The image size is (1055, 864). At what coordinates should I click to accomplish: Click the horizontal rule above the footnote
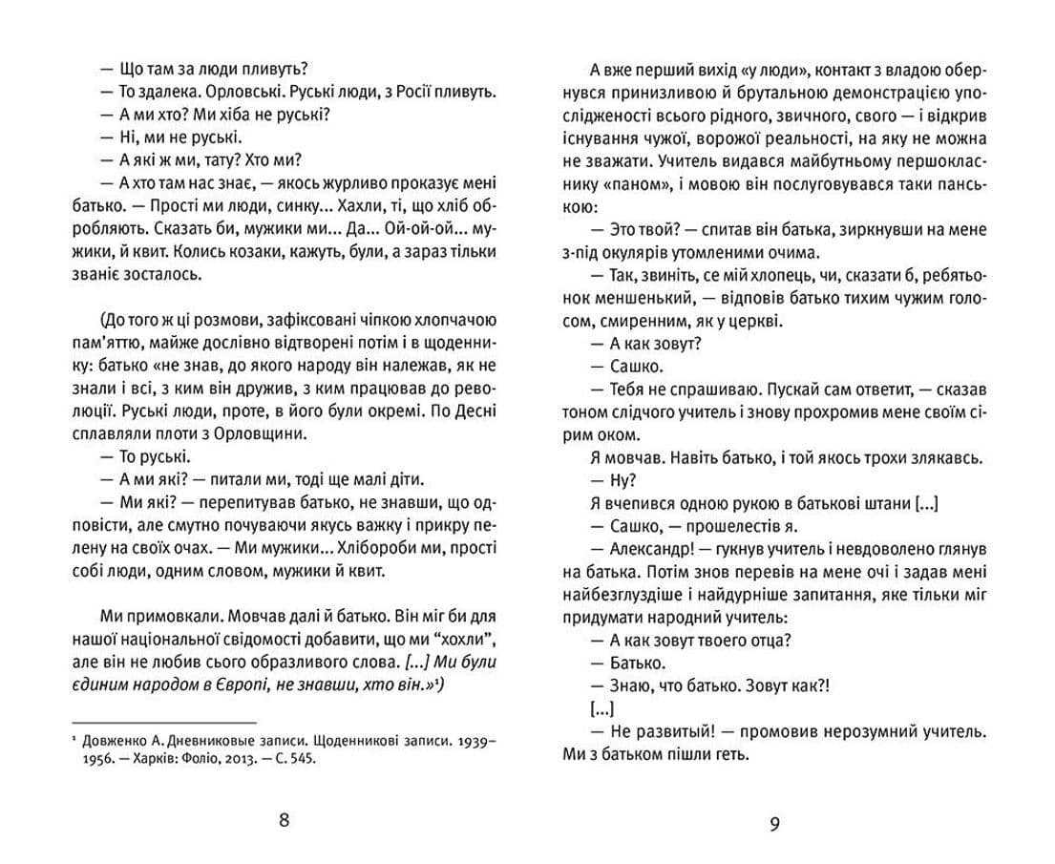point(164,723)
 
